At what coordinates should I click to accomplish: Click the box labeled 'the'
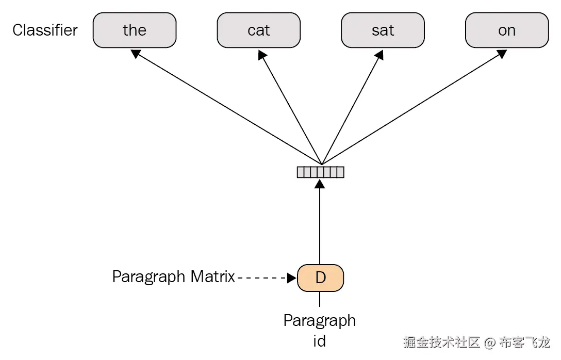(135, 30)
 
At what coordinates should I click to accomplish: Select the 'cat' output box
(258, 30)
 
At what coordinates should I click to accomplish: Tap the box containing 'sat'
(383, 30)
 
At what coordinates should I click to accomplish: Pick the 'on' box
(506, 30)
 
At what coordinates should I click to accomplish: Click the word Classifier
(45, 30)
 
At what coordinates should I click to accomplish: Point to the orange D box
(320, 277)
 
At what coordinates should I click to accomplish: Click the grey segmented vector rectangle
(320, 172)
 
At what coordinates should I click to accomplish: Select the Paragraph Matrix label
(173, 277)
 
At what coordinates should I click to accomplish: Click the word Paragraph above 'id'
(320, 321)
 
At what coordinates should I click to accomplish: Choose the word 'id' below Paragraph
(320, 340)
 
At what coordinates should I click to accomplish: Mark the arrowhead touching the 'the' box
(136, 53)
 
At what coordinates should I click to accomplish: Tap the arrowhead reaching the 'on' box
(502, 54)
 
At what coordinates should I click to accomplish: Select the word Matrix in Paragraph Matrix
(212, 277)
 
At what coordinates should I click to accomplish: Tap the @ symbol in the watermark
(490, 342)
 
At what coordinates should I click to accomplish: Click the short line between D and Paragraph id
(320, 299)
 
